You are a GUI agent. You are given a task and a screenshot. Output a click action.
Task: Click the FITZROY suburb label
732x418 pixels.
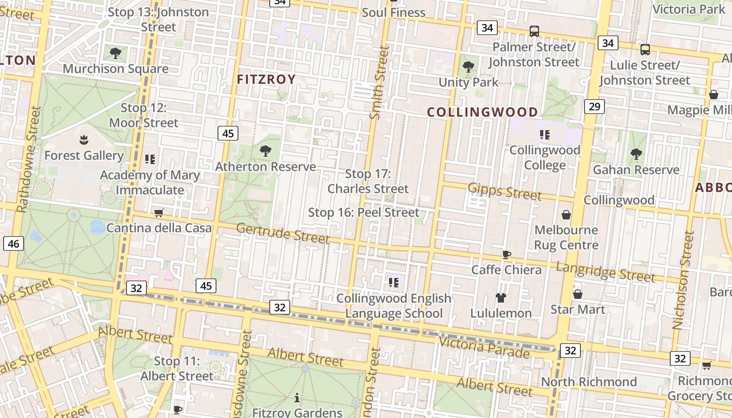266,79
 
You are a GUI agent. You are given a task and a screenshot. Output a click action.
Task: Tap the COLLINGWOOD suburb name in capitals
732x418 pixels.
482,112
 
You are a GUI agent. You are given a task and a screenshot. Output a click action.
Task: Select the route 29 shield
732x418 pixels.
594,107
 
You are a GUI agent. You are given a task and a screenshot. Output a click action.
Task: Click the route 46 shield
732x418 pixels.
14,243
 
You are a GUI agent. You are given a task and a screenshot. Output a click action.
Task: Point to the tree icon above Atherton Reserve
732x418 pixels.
266,152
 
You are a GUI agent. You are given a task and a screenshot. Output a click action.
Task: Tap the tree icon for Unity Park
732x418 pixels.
468,67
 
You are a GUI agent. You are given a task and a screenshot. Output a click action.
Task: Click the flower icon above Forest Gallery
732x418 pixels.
83,140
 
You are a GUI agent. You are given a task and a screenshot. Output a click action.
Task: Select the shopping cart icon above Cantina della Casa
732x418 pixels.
158,213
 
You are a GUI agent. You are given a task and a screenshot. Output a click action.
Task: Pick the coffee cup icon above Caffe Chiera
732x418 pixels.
506,254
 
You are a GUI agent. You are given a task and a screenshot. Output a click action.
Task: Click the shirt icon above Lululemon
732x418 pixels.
501,298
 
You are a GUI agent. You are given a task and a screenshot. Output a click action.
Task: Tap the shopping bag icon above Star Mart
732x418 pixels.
578,294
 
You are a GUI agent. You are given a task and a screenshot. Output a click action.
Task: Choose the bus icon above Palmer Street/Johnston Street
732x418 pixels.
534,31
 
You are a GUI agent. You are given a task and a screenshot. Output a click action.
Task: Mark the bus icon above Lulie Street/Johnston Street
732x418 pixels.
645,50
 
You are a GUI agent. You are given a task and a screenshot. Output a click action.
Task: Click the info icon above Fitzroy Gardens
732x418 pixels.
297,398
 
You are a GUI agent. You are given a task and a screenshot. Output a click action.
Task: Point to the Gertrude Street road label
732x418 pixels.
283,233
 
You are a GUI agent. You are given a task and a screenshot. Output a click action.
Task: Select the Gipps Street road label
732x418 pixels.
505,191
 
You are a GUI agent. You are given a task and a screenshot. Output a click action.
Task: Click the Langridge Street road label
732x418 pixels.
605,271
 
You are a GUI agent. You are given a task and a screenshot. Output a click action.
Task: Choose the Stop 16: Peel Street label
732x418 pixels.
363,213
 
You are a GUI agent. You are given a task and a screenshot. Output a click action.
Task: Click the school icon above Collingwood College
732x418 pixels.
545,135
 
